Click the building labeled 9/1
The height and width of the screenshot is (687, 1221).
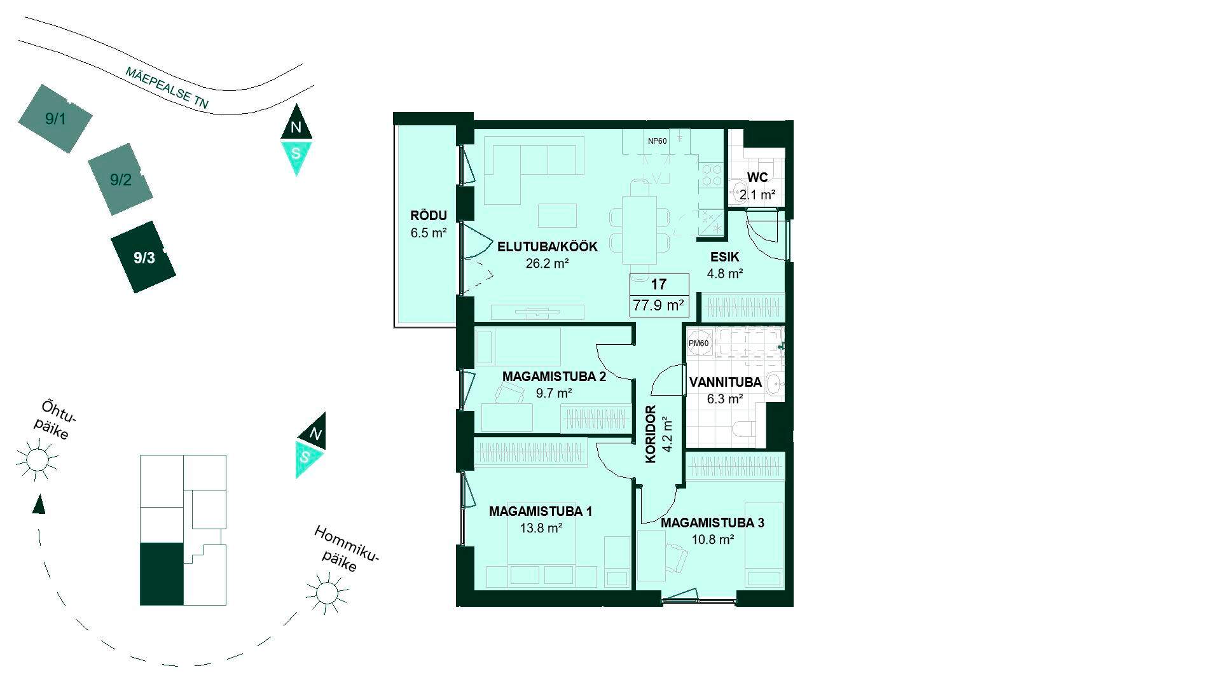[55, 118]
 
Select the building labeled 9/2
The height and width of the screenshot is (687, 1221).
[120, 179]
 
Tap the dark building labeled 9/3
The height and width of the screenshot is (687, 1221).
[144, 257]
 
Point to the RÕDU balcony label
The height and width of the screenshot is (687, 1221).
[429, 216]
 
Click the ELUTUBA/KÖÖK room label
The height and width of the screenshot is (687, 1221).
[548, 247]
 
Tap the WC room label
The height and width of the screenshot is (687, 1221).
[757, 177]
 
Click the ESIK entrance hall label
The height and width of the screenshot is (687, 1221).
[724, 258]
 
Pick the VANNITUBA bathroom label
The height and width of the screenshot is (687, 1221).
[726, 383]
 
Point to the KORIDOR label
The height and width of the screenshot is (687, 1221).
[651, 435]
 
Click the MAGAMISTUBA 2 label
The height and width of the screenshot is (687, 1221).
[554, 377]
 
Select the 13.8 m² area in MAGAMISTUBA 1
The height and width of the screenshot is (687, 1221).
[541, 527]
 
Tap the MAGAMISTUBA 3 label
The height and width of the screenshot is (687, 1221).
[712, 524]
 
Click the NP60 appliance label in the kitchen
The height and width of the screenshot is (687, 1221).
[658, 141]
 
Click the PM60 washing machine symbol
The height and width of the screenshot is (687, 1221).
[698, 343]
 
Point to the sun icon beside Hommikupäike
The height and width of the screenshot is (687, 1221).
[327, 593]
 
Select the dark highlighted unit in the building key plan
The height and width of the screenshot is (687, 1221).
[162, 574]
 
